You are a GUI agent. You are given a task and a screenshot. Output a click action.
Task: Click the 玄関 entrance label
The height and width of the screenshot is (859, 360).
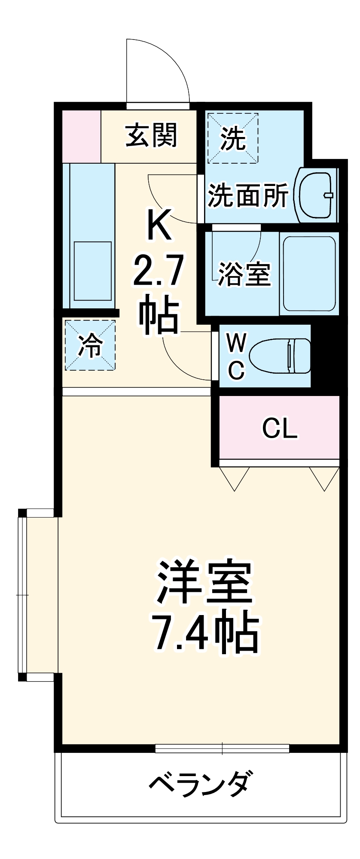151,135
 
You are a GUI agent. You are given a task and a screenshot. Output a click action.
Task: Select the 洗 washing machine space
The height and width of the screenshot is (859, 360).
233,138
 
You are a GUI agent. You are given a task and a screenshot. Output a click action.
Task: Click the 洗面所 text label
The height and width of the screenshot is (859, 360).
248,196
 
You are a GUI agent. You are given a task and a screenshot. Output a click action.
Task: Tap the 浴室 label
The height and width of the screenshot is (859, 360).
244,274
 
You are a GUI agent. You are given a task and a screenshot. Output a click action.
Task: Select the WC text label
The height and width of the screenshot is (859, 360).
236,356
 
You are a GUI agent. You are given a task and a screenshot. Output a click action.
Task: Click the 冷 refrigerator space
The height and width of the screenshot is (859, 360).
90,345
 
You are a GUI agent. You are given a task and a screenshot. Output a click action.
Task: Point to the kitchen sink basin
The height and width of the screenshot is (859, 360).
93,271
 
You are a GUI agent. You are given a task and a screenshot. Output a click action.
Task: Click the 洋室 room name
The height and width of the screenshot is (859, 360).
204,582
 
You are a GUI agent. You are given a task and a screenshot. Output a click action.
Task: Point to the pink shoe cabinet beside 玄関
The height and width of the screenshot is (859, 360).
81,136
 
